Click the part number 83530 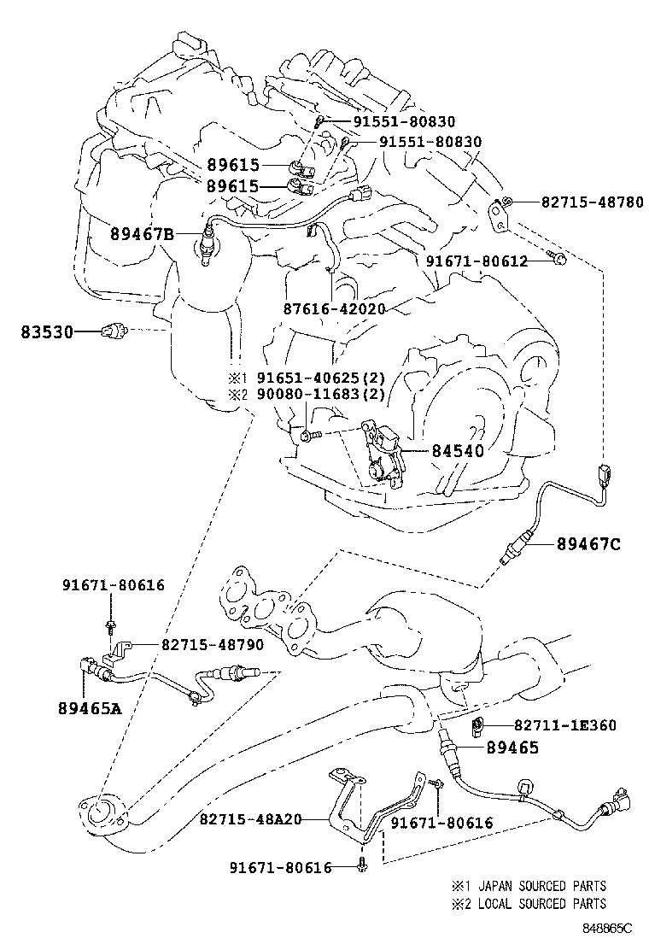(x=47, y=332)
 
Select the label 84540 (x=458, y=451)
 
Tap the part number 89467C (x=588, y=544)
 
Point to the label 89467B (x=142, y=233)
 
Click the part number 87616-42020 (x=334, y=309)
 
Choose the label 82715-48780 (x=592, y=202)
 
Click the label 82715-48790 (x=213, y=644)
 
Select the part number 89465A (x=91, y=707)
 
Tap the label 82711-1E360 (x=564, y=724)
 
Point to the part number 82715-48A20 (x=251, y=820)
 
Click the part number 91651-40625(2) (x=321, y=378)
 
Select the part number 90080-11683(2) (x=321, y=395)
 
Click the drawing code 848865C (x=607, y=928)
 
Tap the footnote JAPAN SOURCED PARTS (x=542, y=886)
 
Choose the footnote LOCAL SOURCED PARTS (x=542, y=904)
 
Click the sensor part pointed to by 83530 (x=114, y=331)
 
